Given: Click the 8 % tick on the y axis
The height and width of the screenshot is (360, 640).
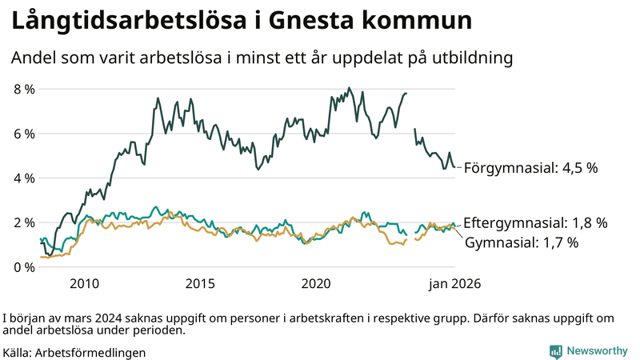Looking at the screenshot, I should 23,89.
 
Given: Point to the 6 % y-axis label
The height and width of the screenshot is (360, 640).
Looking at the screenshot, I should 23,134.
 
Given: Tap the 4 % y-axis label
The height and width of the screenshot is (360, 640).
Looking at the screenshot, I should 23,178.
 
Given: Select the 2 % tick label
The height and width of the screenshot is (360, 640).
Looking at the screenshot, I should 23,222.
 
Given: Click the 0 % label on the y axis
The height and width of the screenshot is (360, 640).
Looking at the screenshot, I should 23,266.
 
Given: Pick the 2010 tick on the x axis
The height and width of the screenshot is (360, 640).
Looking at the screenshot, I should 84,283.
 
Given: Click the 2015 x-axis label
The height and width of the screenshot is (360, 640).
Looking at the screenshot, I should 200,283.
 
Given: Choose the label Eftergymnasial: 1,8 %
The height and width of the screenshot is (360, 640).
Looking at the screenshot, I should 536,222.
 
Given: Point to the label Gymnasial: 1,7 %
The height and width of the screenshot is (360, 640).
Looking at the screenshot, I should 521,242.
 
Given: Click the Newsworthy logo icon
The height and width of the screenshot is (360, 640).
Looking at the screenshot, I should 555,350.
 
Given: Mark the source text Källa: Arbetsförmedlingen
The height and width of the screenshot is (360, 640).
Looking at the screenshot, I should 74,351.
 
